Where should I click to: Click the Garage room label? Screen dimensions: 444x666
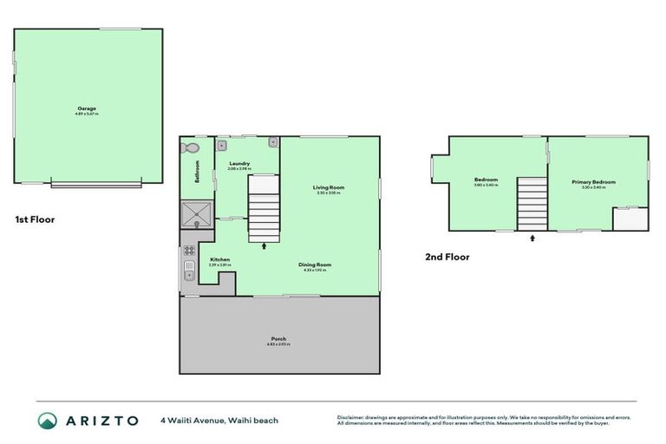tap(87, 108)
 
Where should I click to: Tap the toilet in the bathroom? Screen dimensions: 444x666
tap(189, 148)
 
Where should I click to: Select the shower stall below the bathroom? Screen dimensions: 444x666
tap(196, 212)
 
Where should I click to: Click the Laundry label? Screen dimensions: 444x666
tap(239, 164)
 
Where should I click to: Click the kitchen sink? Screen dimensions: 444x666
tap(187, 275)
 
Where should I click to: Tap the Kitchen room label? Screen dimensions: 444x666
tap(220, 259)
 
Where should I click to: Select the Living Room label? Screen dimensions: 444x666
tap(330, 188)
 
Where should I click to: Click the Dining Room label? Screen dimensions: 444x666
tap(317, 265)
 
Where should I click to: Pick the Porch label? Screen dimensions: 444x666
tap(278, 339)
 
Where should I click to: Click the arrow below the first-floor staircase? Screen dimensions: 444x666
tap(264, 247)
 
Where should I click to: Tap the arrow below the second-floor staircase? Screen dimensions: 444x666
tap(532, 235)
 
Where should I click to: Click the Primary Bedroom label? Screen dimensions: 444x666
tap(593, 182)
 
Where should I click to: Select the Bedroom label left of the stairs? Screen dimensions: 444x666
tap(486, 180)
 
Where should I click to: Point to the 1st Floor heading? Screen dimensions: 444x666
tap(35, 219)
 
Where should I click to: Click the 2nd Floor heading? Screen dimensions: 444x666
tap(447, 257)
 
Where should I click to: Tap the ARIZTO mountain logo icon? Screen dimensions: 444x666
tap(48, 421)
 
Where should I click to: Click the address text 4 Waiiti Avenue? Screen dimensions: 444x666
tap(193, 421)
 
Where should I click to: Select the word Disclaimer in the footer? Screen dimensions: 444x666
tap(351, 417)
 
